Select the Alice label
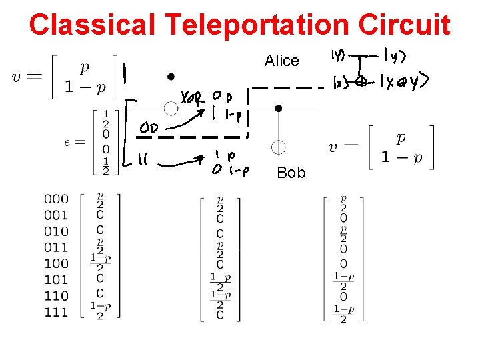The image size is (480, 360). pyautogui.click(x=281, y=61)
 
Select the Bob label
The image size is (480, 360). pyautogui.click(x=291, y=173)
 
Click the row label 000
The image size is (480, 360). pyautogui.click(x=56, y=199)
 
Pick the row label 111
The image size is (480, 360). pyautogui.click(x=56, y=312)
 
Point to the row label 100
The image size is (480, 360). pyautogui.click(x=56, y=263)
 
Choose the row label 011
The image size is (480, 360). pyautogui.click(x=56, y=247)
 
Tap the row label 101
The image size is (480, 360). pyautogui.click(x=56, y=279)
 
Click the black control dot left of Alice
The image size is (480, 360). pyautogui.click(x=171, y=77)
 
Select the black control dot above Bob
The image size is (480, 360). pyautogui.click(x=278, y=108)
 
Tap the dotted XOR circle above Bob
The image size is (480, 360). pyautogui.click(x=278, y=147)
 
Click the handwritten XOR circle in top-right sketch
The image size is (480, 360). pyautogui.click(x=360, y=82)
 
